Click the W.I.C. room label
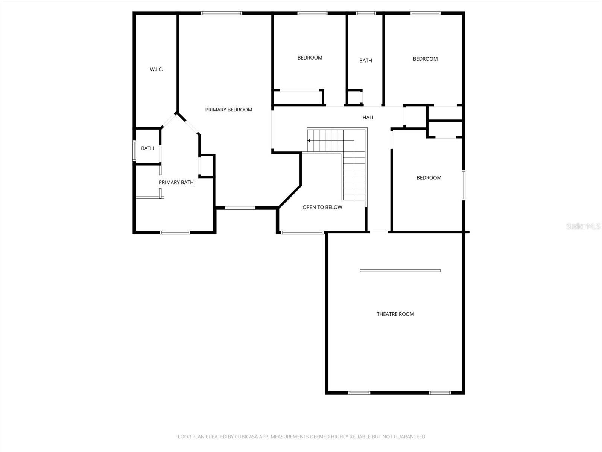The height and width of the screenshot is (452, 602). [x=156, y=69]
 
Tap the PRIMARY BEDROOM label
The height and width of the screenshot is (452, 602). [x=228, y=110]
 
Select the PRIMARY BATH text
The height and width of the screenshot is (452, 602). [x=176, y=182]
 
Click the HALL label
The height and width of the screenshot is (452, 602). [x=368, y=118]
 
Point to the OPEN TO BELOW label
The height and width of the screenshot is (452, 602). [x=322, y=207]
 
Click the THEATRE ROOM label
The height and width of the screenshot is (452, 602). [x=395, y=314]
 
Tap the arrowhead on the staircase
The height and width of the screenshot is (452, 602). [x=309, y=140]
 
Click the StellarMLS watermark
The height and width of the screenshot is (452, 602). [x=584, y=226]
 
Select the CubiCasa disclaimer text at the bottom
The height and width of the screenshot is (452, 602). [x=301, y=437]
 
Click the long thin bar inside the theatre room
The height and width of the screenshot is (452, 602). [x=400, y=270]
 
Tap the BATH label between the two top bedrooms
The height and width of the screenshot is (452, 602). [x=365, y=60]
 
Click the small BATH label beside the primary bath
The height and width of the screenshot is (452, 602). [x=147, y=148]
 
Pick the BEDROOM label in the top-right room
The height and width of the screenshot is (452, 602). [x=425, y=59]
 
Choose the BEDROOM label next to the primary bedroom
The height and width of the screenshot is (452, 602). [x=310, y=58]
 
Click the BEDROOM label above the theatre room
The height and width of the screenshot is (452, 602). [x=429, y=178]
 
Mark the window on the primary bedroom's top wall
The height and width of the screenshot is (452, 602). [x=222, y=13]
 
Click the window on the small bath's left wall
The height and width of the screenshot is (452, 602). [x=134, y=151]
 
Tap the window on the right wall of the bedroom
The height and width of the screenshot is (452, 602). [x=464, y=185]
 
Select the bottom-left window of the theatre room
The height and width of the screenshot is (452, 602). [x=359, y=393]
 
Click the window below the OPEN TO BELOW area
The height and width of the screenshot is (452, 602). [x=303, y=232]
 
